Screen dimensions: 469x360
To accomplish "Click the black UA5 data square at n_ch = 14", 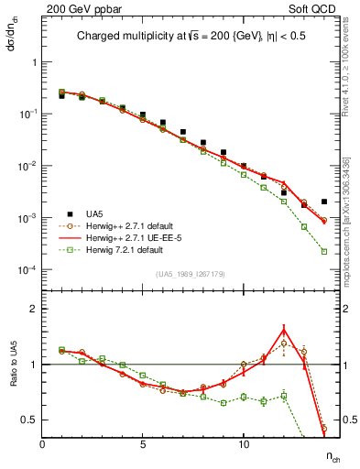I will click(x=324, y=202).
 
